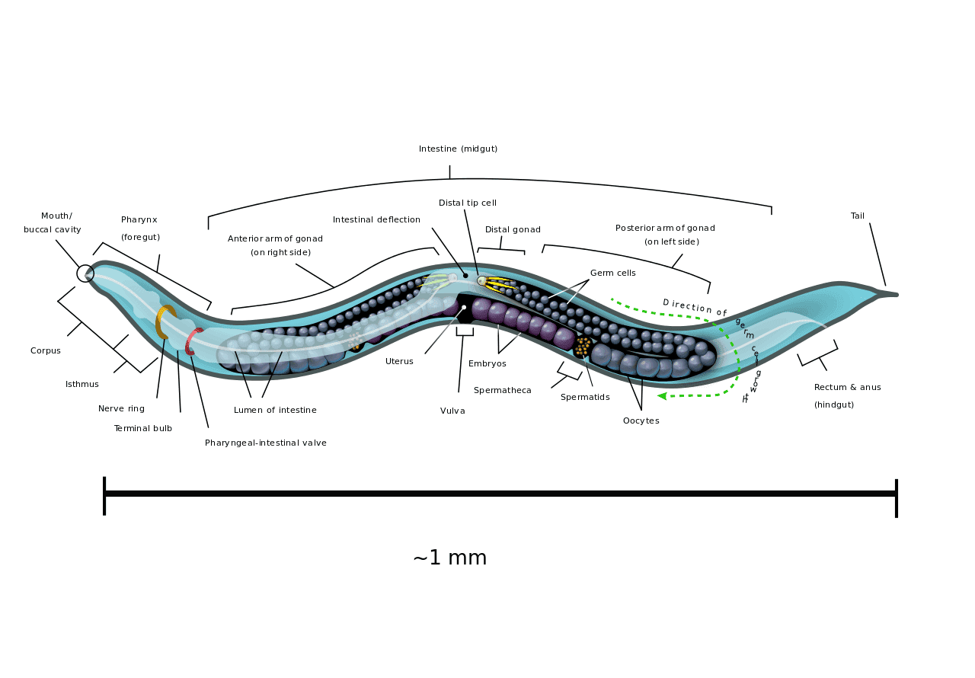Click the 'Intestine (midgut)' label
click(x=458, y=149)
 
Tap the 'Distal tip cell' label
click(x=468, y=203)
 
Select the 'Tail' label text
click(x=858, y=216)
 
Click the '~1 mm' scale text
click(x=450, y=558)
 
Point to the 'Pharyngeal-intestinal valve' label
click(x=266, y=443)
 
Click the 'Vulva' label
click(x=452, y=411)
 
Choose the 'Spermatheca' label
click(x=502, y=390)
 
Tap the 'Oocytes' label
click(x=641, y=421)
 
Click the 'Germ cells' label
click(x=613, y=273)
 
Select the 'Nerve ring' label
click(x=121, y=408)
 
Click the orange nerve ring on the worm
click(x=159, y=322)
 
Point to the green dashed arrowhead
click(x=662, y=395)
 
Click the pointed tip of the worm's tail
click(x=897, y=295)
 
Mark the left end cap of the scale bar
click(x=104, y=496)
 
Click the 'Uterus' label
click(x=399, y=361)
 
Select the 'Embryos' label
click(x=487, y=364)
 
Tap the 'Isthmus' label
click(x=82, y=384)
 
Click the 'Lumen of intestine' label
click(x=275, y=410)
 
